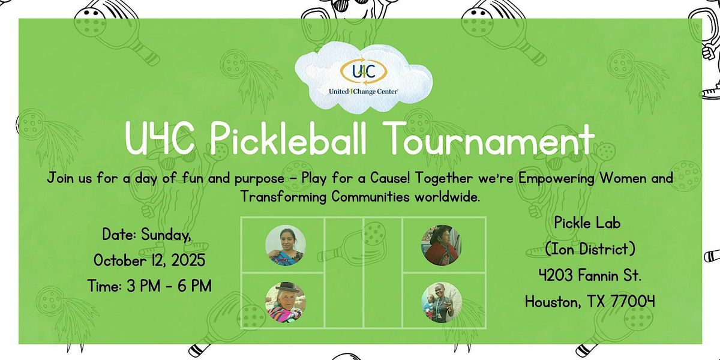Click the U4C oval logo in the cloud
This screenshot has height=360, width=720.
point(364,71)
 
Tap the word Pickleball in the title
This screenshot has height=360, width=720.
point(289,139)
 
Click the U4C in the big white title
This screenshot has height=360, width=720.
point(160,139)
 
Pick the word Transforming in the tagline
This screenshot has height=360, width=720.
point(283,197)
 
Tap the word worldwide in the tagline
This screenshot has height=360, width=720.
point(447,197)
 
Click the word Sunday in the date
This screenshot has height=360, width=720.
point(166,235)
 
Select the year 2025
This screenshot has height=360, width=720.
point(188,260)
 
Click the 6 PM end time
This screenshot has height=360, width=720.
point(195,286)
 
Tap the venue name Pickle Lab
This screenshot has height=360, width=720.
point(587,223)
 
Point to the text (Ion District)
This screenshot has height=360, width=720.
point(590,250)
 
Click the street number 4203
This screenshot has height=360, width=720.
point(556,275)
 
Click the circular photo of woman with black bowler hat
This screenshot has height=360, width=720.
point(286,302)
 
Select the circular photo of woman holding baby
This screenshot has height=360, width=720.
point(442,302)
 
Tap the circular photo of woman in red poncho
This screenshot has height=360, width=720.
point(442,245)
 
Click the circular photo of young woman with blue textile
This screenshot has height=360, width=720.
point(286,245)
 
